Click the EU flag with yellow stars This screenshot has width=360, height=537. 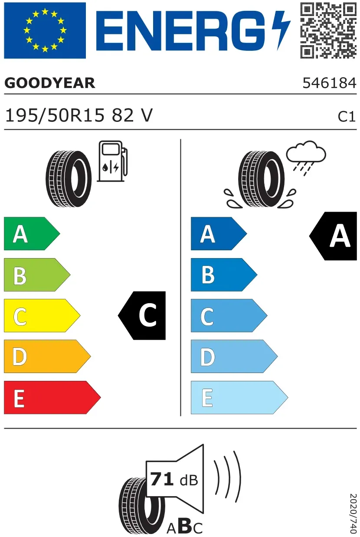pos(45,30)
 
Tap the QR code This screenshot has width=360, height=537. pos(328,30)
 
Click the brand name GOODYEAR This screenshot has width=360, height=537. pos(50,83)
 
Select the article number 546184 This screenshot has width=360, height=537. pos(330,83)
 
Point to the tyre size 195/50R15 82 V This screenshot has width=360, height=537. pos(79,115)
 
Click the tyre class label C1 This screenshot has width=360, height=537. pos(347,117)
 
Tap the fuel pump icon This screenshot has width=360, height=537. pos(112,161)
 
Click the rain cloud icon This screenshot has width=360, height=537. pos(306,157)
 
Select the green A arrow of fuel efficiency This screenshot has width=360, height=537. pos(32,234)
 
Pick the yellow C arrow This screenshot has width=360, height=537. pos(42,315)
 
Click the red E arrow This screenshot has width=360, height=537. pos(52,397)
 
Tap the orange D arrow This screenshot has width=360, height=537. pos(47,357)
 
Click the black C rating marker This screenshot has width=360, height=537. pos(142,315)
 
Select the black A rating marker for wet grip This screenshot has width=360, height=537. pos(333,236)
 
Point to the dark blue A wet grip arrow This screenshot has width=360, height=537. pos(219,234)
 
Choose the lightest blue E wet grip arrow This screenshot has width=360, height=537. pos(239,397)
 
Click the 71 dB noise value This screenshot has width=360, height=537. pos(174,480)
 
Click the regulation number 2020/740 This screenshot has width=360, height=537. pos(353,514)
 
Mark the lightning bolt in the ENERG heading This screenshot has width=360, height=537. pos(281,30)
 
